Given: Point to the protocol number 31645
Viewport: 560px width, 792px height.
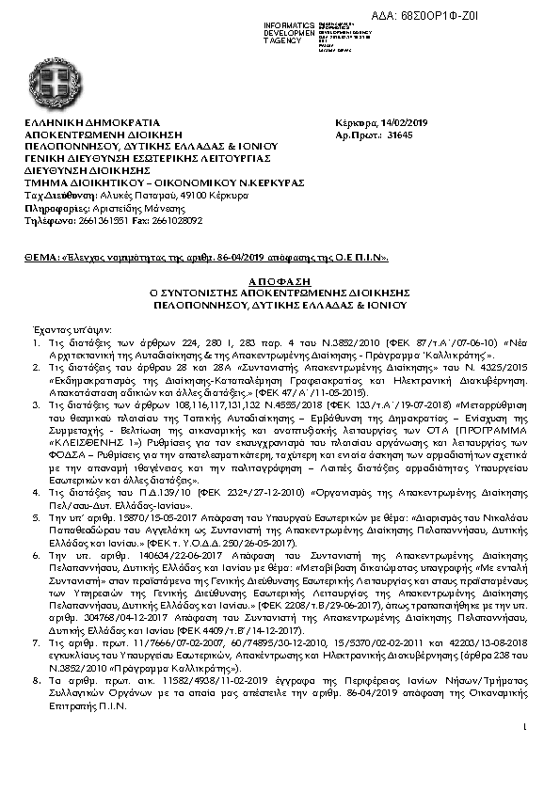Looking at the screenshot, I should pos(400,135).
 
